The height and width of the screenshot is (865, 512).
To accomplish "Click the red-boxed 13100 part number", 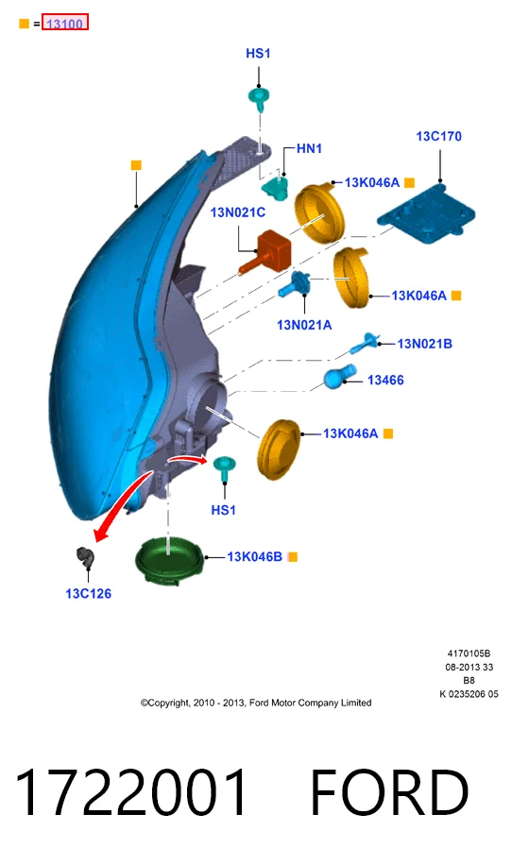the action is point(64,24).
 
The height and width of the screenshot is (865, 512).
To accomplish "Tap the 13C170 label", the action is point(438,136).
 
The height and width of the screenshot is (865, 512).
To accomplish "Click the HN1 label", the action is point(309,148).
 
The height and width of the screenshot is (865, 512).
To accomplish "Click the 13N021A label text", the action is point(304,325).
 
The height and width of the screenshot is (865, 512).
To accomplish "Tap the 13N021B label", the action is point(424,344).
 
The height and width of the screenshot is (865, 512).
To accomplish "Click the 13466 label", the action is point(385,381).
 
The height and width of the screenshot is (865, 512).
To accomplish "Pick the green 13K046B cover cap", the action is point(169,559).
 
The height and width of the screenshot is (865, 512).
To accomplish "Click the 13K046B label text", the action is point(254,556).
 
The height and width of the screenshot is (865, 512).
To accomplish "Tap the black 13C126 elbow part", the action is point(85,556).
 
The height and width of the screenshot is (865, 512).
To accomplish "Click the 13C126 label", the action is point(88,594).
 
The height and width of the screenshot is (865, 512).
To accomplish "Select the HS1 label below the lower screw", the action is point(224,510).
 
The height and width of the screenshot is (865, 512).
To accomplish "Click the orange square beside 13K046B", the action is point(293,557).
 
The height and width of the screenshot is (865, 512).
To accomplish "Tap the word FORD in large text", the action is point(389,791).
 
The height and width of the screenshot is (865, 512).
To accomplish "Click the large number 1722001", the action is point(130,791).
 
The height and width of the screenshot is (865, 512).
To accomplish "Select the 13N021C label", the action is point(238,212).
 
